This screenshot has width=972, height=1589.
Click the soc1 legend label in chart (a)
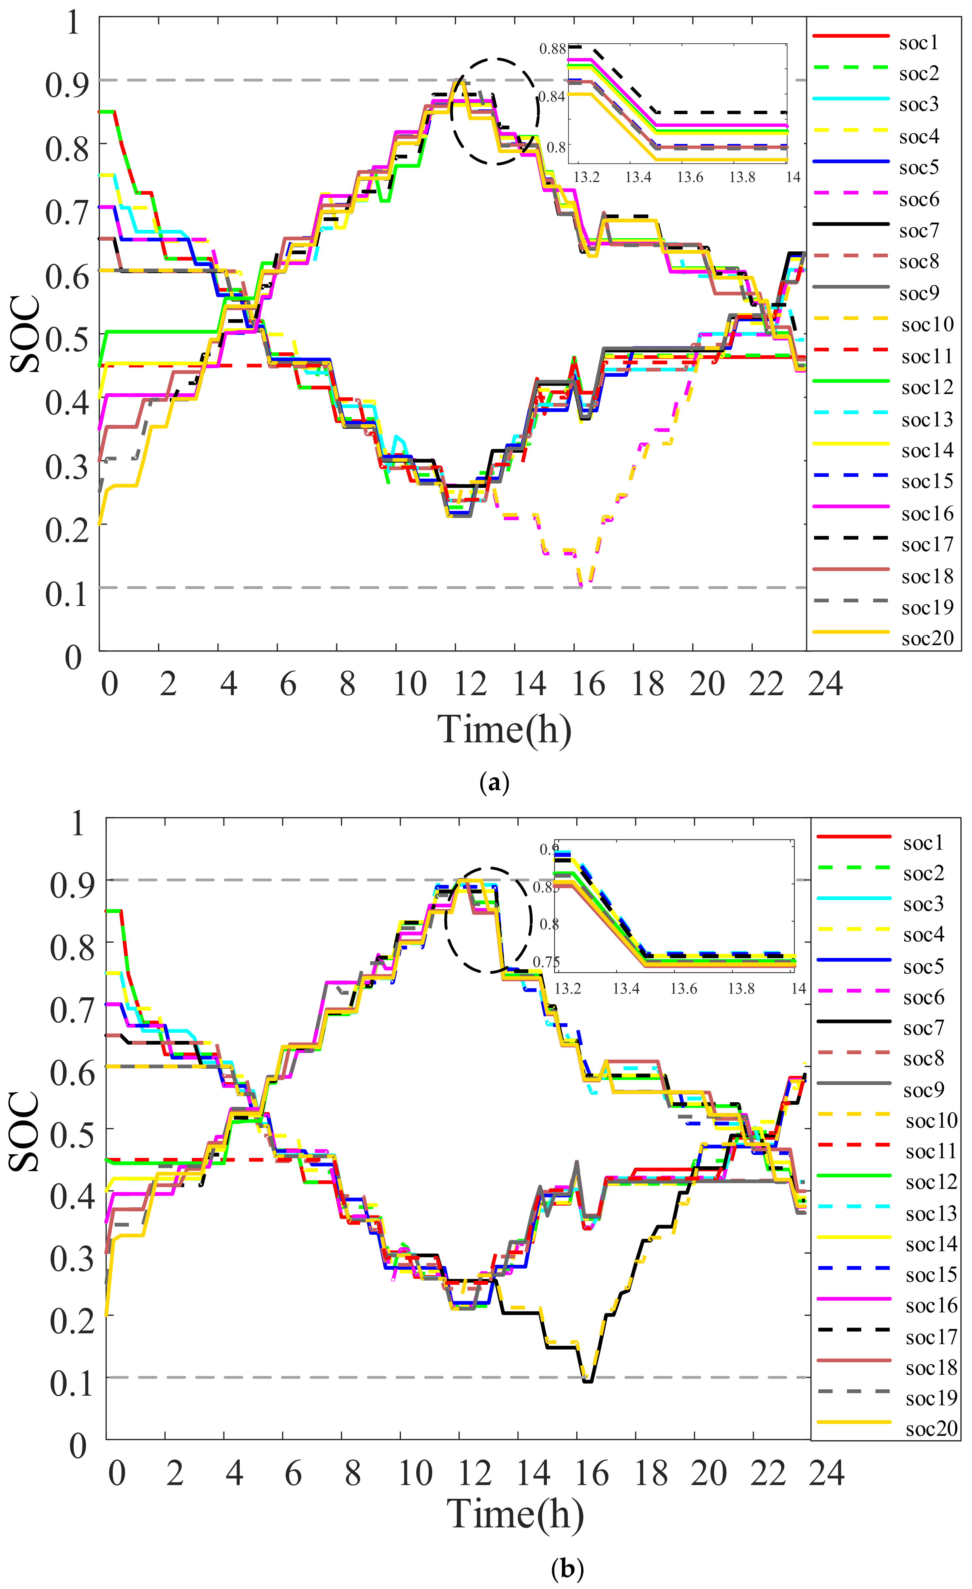[x=919, y=43]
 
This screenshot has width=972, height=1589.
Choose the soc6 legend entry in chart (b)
[x=923, y=998]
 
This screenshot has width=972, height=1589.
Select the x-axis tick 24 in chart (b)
[x=826, y=1473]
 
